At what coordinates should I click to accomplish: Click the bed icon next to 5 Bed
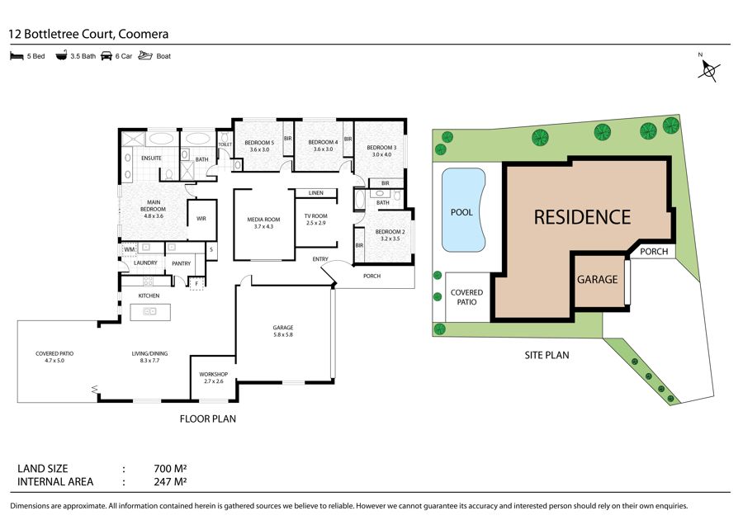[x=17, y=56]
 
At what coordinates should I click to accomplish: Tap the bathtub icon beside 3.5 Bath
[x=61, y=55]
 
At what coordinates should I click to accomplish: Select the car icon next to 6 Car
[x=106, y=56]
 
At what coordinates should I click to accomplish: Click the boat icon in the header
[x=145, y=55]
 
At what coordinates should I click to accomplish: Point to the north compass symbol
[x=708, y=69]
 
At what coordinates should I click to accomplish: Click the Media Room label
[x=263, y=223]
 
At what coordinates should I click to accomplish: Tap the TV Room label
[x=315, y=220]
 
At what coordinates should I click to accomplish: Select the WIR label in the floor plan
[x=201, y=219]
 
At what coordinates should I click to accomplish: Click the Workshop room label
[x=213, y=377]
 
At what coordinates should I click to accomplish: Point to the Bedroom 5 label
[x=259, y=145]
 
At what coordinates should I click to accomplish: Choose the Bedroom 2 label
[x=390, y=235]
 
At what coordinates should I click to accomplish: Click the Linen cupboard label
[x=315, y=193]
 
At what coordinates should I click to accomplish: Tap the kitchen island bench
[x=150, y=312]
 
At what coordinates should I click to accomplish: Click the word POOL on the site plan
[x=461, y=212]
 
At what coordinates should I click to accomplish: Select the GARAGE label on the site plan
[x=597, y=280]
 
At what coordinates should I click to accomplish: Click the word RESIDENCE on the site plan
[x=582, y=217]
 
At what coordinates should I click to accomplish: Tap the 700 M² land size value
[x=170, y=469]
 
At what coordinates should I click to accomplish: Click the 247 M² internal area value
[x=170, y=482]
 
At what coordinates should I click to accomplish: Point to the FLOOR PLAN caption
[x=207, y=419]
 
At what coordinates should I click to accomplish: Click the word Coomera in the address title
[x=143, y=34]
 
